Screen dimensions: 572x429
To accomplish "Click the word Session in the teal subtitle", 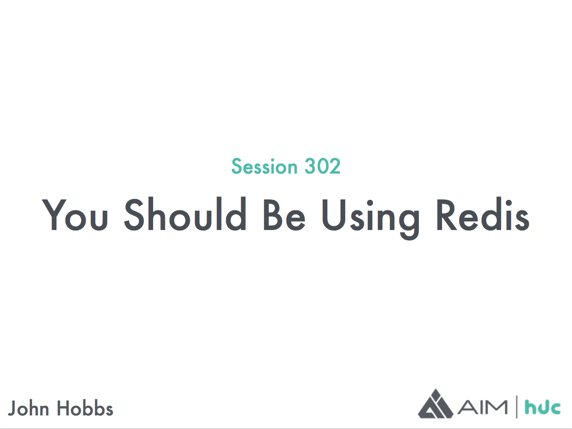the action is (264, 166).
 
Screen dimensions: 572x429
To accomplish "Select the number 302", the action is (323, 166).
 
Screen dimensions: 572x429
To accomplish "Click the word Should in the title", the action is (185, 214).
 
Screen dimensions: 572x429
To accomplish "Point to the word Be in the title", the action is (284, 214).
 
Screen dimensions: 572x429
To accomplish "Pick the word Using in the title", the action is (371, 218).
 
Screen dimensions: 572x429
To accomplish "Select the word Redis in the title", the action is (483, 214).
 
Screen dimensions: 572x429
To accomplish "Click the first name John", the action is (28, 408).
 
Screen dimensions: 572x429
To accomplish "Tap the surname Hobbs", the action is (85, 408).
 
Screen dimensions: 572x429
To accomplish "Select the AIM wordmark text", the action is (482, 407).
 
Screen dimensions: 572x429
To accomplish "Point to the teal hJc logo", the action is (543, 408).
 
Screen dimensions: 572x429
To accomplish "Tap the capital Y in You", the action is (54, 214).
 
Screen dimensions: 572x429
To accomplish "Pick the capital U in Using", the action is (334, 214).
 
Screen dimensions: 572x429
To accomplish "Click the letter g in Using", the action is (409, 223).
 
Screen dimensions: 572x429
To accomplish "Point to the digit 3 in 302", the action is (311, 166).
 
